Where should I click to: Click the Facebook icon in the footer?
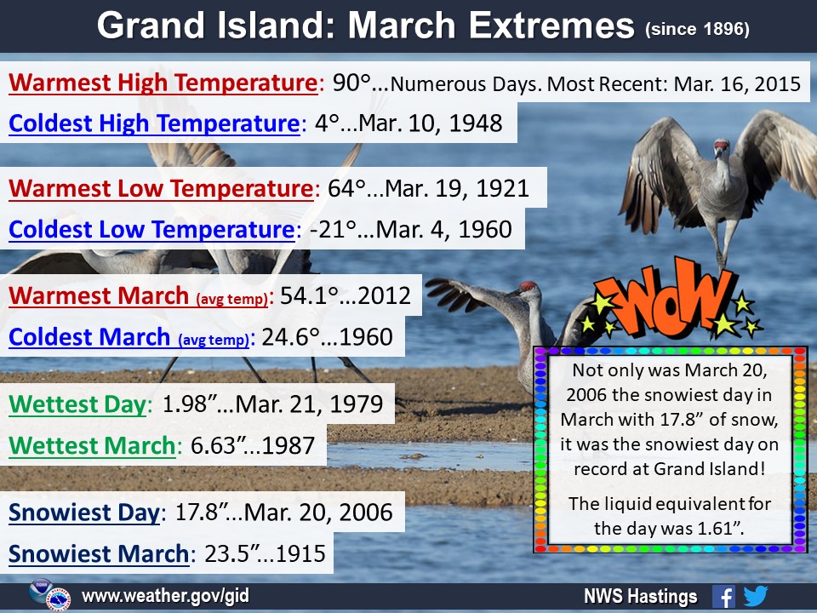(723, 596)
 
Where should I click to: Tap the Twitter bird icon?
(756, 596)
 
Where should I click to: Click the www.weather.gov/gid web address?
(165, 596)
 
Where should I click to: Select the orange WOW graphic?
(672, 298)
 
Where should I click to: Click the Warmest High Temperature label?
(163, 83)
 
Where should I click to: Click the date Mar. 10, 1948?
(431, 123)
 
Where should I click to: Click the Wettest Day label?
(77, 404)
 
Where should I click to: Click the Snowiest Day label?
(84, 513)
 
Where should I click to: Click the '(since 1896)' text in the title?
(697, 29)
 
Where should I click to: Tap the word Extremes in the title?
(551, 26)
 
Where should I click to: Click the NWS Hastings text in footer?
(640, 596)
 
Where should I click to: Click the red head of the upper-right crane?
(722, 145)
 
